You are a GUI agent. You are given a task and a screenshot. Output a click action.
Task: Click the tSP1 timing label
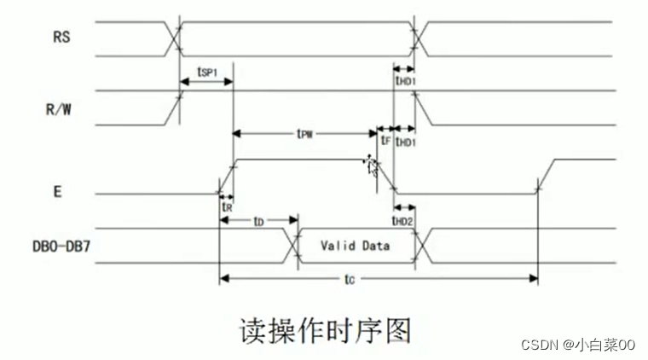pos(205,73)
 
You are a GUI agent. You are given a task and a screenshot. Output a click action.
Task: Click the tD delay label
pos(257,221)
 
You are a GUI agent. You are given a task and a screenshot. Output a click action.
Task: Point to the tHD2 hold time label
pos(404,221)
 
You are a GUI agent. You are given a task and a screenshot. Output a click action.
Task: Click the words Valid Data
pos(356,246)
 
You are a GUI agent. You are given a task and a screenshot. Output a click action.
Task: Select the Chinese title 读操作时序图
pos(323,328)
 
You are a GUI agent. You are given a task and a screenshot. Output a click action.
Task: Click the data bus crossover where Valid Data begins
pos(298,246)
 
